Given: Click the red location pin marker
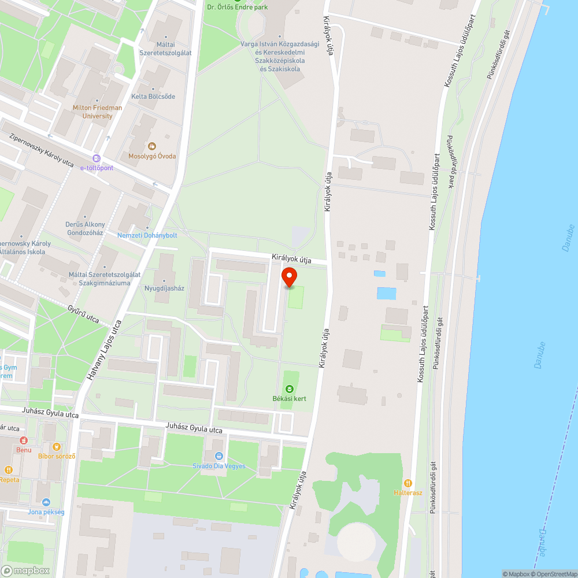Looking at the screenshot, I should pyautogui.click(x=288, y=277).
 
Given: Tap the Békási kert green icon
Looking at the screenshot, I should pyautogui.click(x=290, y=389).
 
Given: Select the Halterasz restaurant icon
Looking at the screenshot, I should pyautogui.click(x=409, y=483).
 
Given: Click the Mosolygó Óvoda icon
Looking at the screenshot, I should pyautogui.click(x=152, y=146).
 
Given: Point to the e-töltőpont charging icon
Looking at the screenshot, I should pyautogui.click(x=97, y=158).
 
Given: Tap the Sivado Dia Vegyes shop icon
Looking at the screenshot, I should pyautogui.click(x=218, y=456).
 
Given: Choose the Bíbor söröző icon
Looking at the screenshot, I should pyautogui.click(x=57, y=446).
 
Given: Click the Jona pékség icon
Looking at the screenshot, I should pyautogui.click(x=46, y=502).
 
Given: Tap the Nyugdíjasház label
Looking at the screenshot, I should pyautogui.click(x=164, y=288).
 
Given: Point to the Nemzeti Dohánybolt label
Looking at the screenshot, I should pyautogui.click(x=147, y=235).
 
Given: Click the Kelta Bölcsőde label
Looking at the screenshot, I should pyautogui.click(x=153, y=97).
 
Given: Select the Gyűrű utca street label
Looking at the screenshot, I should pyautogui.click(x=83, y=314).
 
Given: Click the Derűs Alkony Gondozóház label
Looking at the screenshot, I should pyautogui.click(x=85, y=228).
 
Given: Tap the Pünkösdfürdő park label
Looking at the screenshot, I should pyautogui.click(x=450, y=162).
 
